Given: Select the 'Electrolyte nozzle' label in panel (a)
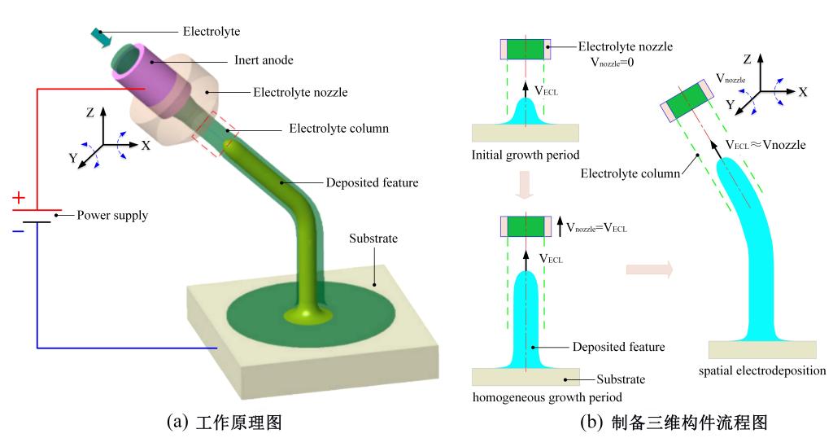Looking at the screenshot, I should [x=299, y=93].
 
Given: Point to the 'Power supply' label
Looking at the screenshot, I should [x=114, y=216].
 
